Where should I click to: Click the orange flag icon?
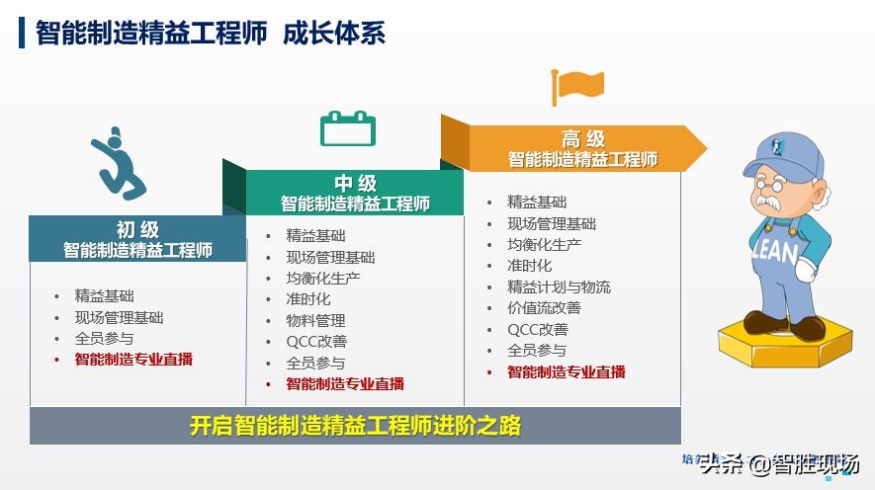pyautogui.click(x=577, y=86)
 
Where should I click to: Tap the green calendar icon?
pyautogui.click(x=347, y=128)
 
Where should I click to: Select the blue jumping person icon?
pyautogui.click(x=119, y=162)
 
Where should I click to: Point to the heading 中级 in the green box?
pyautogui.click(x=355, y=184)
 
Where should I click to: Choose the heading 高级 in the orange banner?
pyautogui.click(x=582, y=139)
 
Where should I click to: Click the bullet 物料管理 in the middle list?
pyautogui.click(x=315, y=320)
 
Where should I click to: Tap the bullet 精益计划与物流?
pyautogui.click(x=559, y=286)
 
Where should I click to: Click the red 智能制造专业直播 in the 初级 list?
pyautogui.click(x=133, y=360)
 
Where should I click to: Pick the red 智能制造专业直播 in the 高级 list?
pyautogui.click(x=567, y=371)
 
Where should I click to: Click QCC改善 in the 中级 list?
pyautogui.click(x=316, y=341)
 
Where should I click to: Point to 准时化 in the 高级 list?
pyautogui.click(x=529, y=265)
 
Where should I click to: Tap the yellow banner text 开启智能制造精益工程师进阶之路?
pyautogui.click(x=355, y=427)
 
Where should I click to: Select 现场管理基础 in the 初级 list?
pyautogui.click(x=119, y=317)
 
